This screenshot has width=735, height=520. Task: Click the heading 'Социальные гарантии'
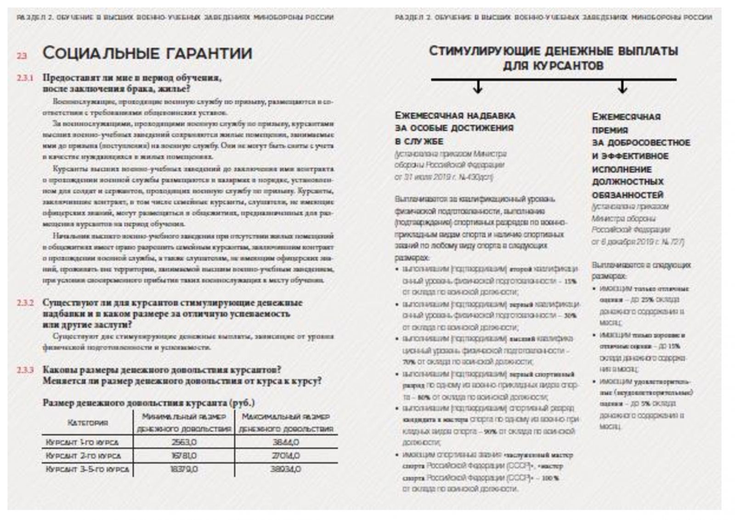tap(147, 53)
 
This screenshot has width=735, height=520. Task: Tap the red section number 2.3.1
tap(25, 78)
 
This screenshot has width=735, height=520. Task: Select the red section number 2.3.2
tap(25, 303)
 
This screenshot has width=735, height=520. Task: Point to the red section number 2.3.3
tap(25, 370)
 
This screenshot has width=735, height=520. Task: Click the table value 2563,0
tap(184, 442)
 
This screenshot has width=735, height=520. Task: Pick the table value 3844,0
tap(286, 442)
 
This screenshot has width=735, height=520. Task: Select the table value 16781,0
tap(184, 456)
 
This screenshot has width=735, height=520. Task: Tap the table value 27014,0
tap(286, 456)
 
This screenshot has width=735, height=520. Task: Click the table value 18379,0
tap(184, 469)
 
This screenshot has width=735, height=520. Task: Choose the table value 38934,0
tap(286, 469)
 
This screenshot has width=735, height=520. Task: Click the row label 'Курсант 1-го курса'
tap(82, 442)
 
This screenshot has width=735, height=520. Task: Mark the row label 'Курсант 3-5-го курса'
tap(87, 469)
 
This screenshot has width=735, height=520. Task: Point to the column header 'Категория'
tap(88, 423)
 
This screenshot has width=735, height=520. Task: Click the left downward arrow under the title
tap(478, 87)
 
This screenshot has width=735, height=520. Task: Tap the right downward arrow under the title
tap(622, 87)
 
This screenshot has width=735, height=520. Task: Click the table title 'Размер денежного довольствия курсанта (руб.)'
tap(148, 403)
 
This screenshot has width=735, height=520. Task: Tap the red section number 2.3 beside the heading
tap(22, 56)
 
